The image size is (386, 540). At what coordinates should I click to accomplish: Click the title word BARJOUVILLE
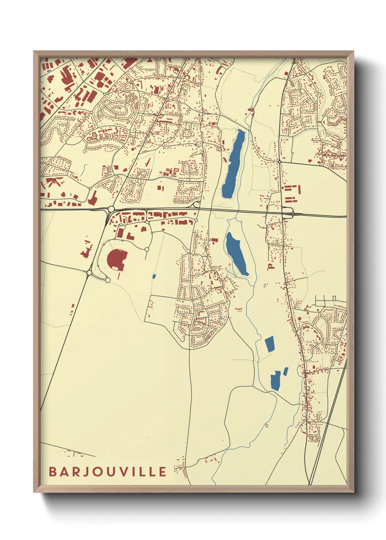click(108, 472)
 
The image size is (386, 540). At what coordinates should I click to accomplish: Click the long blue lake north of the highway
click(233, 165)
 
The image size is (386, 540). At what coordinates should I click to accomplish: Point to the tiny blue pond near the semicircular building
click(154, 276)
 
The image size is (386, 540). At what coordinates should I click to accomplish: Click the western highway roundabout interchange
click(111, 209)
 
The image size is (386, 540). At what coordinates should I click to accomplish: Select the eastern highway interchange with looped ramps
click(287, 212)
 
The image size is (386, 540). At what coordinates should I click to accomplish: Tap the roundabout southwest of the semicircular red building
click(89, 273)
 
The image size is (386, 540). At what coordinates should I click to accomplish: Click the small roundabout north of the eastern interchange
click(279, 161)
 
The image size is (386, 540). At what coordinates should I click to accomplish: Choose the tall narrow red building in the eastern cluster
click(299, 190)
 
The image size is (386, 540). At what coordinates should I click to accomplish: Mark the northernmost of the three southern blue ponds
click(270, 344)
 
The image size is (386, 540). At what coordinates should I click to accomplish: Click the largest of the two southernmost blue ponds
click(275, 381)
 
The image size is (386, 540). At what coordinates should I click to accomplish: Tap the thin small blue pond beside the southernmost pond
click(286, 371)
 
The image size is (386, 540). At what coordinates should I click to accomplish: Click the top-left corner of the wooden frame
click(34, 52)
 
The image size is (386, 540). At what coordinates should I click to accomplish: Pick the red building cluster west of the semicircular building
click(86, 250)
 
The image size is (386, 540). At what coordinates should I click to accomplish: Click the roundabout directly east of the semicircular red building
click(147, 249)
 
